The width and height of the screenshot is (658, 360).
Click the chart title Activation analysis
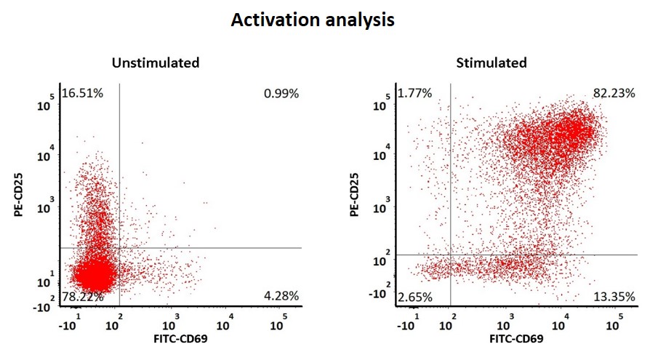click(x=313, y=20)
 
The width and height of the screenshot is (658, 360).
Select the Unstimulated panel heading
click(x=156, y=63)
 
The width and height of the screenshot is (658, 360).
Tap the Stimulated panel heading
click(x=492, y=63)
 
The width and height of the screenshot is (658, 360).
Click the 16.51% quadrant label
click(x=82, y=93)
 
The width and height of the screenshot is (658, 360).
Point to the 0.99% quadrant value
click(x=281, y=93)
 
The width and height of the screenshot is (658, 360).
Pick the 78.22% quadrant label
click(x=82, y=296)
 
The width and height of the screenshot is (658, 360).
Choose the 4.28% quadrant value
click(x=281, y=296)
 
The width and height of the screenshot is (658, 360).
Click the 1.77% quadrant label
click(x=415, y=93)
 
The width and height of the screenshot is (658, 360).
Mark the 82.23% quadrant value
click(x=614, y=93)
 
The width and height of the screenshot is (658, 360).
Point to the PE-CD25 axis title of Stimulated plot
click(x=354, y=193)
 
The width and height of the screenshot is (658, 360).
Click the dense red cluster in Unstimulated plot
click(x=95, y=275)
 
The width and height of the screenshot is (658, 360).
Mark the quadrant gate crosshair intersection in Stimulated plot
click(x=452, y=255)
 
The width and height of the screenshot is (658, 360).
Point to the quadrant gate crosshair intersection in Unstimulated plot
click(x=119, y=248)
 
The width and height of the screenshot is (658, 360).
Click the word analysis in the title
click(x=359, y=20)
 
